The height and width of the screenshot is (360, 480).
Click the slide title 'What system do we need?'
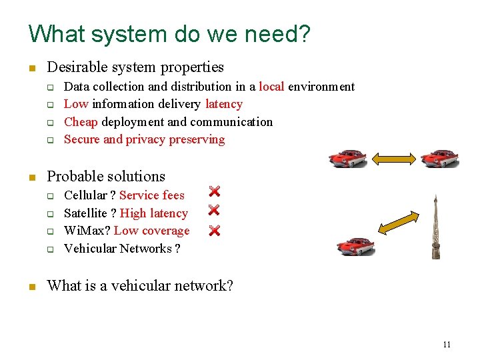click(169, 33)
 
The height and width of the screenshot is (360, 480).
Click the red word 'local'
click(271, 87)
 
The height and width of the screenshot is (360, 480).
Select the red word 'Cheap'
click(81, 122)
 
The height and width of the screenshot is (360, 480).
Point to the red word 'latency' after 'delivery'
click(224, 104)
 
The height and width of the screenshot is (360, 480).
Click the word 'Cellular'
click(85, 195)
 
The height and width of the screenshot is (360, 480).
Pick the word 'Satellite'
click(85, 213)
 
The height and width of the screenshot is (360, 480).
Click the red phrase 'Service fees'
click(152, 195)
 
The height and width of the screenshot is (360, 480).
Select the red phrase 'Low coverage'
click(152, 231)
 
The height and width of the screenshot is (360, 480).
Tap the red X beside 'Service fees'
click(214, 191)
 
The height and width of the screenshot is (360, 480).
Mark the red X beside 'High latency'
click(214, 210)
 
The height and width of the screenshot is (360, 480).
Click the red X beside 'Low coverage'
click(214, 231)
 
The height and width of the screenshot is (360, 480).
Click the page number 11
click(446, 344)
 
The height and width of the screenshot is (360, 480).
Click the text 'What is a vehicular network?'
click(140, 286)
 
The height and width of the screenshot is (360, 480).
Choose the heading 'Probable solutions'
click(106, 177)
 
